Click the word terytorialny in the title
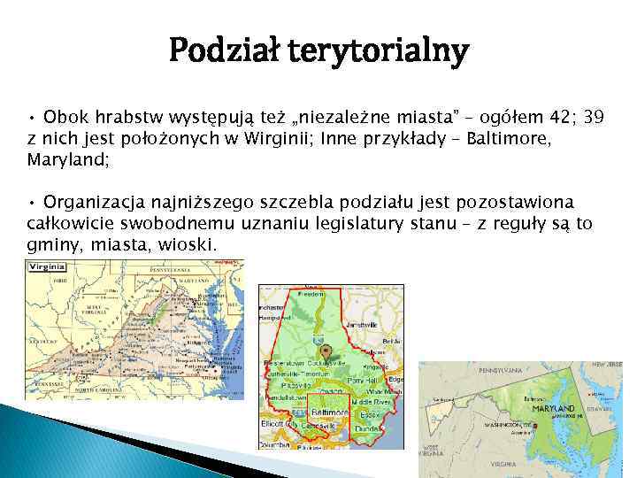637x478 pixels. point(386,52)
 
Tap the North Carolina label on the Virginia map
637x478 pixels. point(96,390)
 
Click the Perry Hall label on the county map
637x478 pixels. point(365,380)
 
